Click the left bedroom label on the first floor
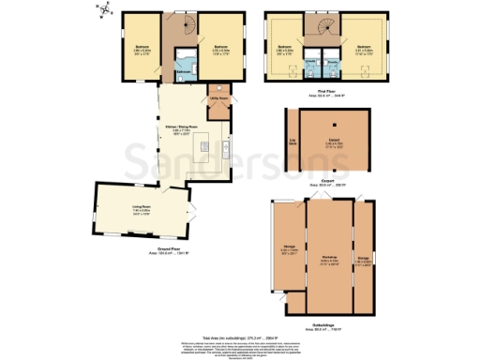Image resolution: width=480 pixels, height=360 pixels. (x=283, y=46)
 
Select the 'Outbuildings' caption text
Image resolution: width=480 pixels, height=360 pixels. (x=322, y=322)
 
